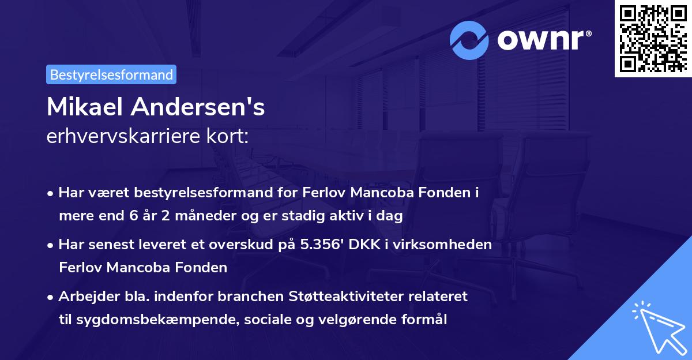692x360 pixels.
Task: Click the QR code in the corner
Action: tap(652, 39)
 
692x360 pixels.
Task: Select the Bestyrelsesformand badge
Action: tap(111, 74)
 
